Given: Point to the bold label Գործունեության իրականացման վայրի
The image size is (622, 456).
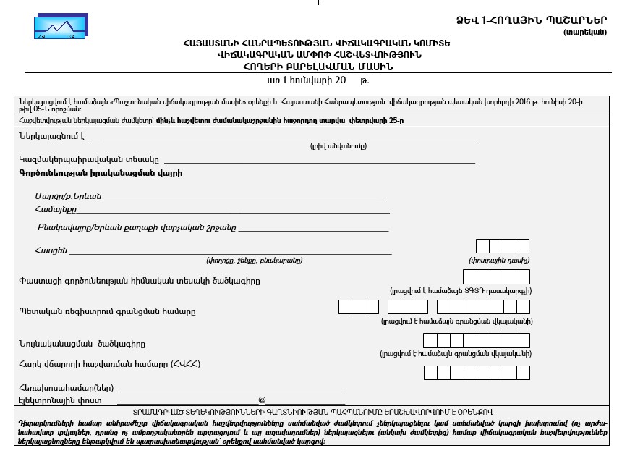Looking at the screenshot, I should click(x=90, y=174).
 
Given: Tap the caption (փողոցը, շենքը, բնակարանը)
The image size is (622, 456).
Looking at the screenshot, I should click(x=255, y=260).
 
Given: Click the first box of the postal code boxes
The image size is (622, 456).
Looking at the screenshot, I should click(x=483, y=246).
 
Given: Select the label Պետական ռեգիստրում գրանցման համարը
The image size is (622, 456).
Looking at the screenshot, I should click(x=107, y=311).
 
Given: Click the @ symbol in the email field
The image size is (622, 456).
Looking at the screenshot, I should click(x=262, y=400).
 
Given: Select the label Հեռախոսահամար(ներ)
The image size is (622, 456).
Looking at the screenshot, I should click(x=61, y=388).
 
